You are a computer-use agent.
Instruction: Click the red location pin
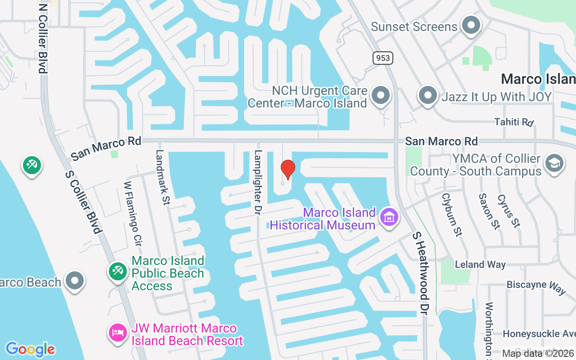(288, 170)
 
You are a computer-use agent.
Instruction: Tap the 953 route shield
(382, 58)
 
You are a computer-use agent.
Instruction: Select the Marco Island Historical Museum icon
(389, 217)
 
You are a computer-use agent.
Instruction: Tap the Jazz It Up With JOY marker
(427, 95)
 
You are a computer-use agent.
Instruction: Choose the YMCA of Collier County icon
(554, 163)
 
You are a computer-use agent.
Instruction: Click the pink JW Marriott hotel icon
(117, 333)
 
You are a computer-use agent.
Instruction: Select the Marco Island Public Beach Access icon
(117, 271)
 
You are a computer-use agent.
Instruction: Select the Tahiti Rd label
(513, 122)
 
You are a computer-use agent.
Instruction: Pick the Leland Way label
(480, 264)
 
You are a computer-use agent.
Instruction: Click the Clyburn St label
(452, 215)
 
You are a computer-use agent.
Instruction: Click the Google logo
(30, 349)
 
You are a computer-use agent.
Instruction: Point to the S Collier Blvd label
(83, 202)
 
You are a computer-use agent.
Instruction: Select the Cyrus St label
(509, 211)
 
